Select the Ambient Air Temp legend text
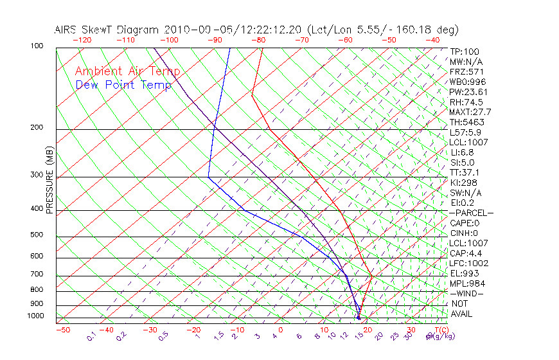127,71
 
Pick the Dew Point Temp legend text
123,85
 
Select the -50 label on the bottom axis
63,330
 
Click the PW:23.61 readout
469,92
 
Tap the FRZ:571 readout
467,72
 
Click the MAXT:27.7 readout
471,113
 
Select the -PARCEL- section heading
471,213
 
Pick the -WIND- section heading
467,294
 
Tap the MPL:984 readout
467,283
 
